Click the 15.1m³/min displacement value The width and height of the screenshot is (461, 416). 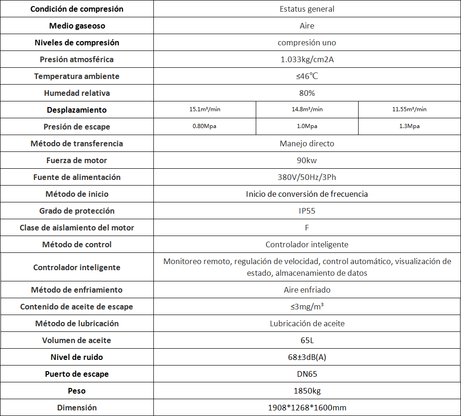coord(204,110)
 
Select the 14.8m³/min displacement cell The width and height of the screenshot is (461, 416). coord(307,110)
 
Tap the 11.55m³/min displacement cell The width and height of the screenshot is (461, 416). coord(409,110)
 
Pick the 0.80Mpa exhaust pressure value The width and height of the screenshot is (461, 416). coord(204,127)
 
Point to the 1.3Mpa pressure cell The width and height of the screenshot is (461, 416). coord(409,127)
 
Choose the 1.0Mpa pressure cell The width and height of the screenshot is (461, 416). coord(307,127)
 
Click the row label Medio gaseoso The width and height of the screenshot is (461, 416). coord(77,26)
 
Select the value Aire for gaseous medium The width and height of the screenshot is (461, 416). coord(307,26)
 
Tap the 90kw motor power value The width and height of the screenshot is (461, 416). coord(307,160)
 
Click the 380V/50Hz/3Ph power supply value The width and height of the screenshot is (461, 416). coord(307,177)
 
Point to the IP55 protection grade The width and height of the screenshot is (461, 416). coord(307,211)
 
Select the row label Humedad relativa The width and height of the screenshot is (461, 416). coord(77,93)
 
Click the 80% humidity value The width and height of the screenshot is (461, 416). coord(307,93)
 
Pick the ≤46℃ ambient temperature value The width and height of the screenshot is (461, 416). coord(307,76)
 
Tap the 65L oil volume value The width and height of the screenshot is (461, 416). coord(307,340)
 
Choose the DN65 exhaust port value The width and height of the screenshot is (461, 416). coord(307,374)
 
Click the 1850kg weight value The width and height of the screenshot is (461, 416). coord(307,391)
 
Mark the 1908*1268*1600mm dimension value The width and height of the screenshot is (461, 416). coord(307,408)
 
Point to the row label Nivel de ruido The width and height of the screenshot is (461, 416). coord(77,357)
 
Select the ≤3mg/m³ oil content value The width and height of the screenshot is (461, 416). coord(307,307)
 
